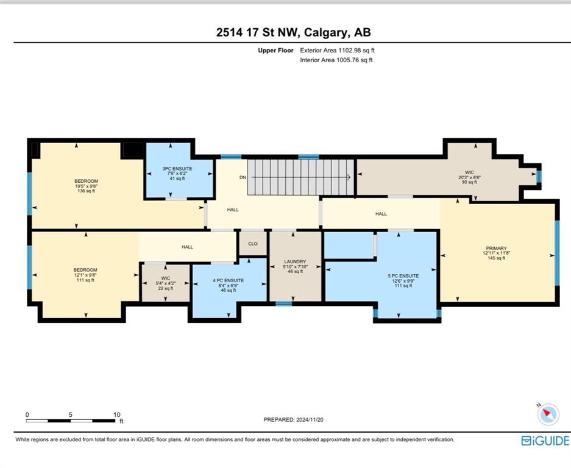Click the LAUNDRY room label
[x=295, y=261]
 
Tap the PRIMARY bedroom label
[x=496, y=248]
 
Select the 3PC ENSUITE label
[x=177, y=169]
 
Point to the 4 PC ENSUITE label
[x=229, y=280]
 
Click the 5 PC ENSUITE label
[x=403, y=275]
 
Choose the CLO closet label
[x=253, y=244]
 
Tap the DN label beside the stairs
[x=243, y=177]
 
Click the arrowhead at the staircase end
[x=349, y=177]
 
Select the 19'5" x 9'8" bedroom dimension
[x=87, y=186]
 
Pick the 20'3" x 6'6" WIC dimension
[x=469, y=177]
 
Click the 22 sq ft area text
[x=165, y=288]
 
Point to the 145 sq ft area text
[x=496, y=258]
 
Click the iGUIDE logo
[x=545, y=441]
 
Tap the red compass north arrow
[x=546, y=413]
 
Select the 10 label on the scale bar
[x=116, y=414]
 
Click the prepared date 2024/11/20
[x=310, y=420]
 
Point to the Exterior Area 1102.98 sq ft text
[x=337, y=50]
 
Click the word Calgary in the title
[x=325, y=32]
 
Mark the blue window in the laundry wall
[x=284, y=303]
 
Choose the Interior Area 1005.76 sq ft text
[x=336, y=60]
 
